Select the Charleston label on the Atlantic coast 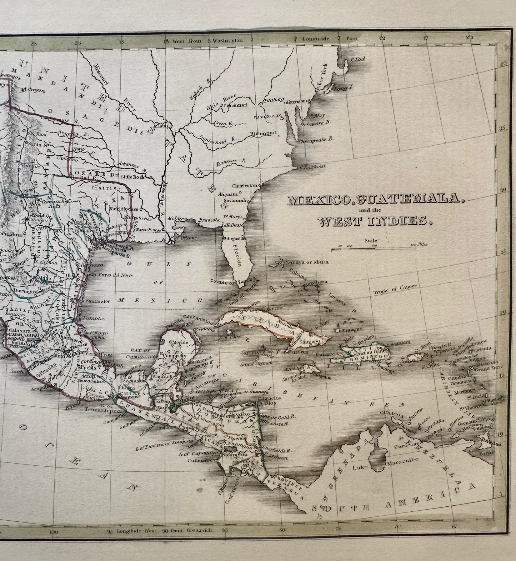point(245,186)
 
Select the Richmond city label point(263,133)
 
